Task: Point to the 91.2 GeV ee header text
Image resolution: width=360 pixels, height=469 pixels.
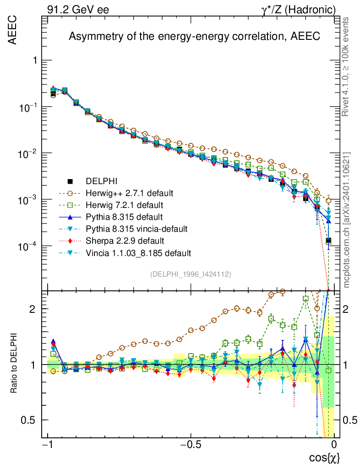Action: pyautogui.click(x=78, y=9)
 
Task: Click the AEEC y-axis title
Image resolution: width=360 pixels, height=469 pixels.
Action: pyautogui.click(x=13, y=30)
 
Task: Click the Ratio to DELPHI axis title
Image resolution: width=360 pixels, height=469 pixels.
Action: pyautogui.click(x=14, y=364)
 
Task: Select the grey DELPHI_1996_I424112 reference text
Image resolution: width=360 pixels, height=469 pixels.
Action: pyautogui.click(x=190, y=274)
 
